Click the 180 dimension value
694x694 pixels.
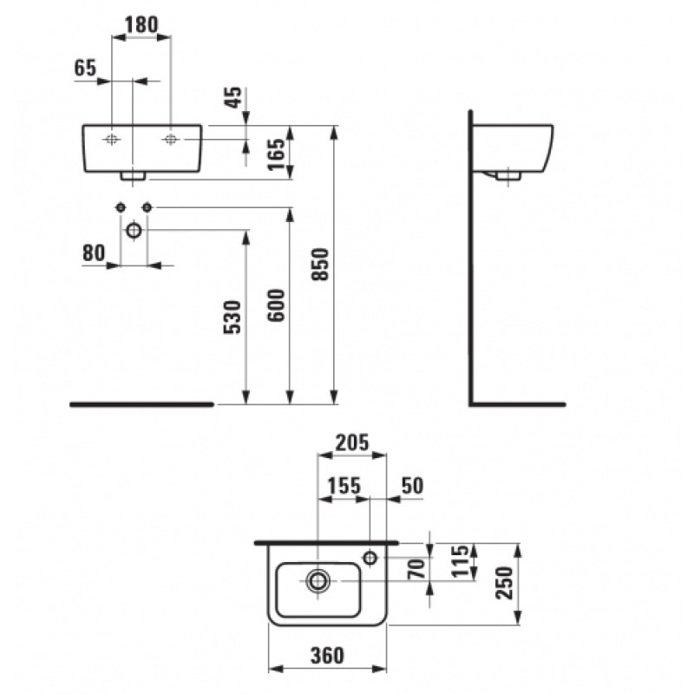pyautogui.click(x=141, y=24)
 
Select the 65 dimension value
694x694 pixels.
pyautogui.click(x=85, y=69)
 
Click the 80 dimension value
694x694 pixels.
pyautogui.click(x=94, y=252)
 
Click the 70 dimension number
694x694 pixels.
pyautogui.click(x=416, y=569)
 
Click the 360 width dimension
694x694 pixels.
pyautogui.click(x=327, y=655)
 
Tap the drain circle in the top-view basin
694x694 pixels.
pyautogui.click(x=318, y=580)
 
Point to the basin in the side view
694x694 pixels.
pyautogui.click(x=512, y=147)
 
